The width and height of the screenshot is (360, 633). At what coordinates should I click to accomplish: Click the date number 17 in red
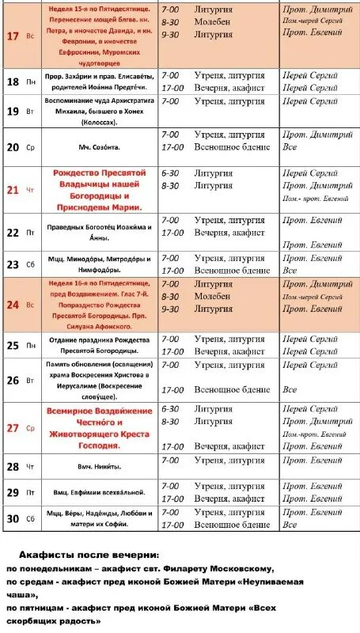coord(13,36)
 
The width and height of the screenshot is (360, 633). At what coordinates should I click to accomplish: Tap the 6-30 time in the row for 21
coord(170,172)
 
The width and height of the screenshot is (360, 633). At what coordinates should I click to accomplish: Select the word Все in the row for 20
coord(290,147)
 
